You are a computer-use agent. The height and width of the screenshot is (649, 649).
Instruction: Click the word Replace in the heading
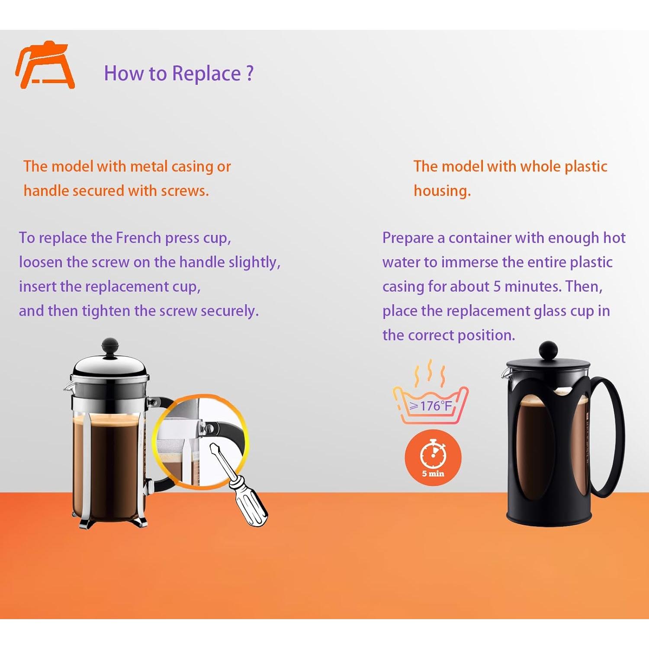(206, 74)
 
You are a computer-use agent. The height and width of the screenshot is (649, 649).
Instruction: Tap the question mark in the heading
(250, 73)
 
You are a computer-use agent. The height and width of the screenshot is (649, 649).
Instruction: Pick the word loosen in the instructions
(41, 262)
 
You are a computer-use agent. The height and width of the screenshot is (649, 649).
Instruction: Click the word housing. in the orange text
(442, 191)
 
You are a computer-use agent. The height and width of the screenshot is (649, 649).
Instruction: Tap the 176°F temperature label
(431, 406)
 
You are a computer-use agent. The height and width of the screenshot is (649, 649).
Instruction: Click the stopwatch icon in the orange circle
(433, 453)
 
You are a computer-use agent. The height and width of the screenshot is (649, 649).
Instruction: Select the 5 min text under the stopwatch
(433, 473)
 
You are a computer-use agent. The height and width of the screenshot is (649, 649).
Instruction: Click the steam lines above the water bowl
(430, 373)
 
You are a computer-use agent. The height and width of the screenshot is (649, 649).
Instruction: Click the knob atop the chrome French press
(110, 347)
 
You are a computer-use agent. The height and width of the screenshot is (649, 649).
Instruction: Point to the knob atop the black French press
(548, 350)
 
